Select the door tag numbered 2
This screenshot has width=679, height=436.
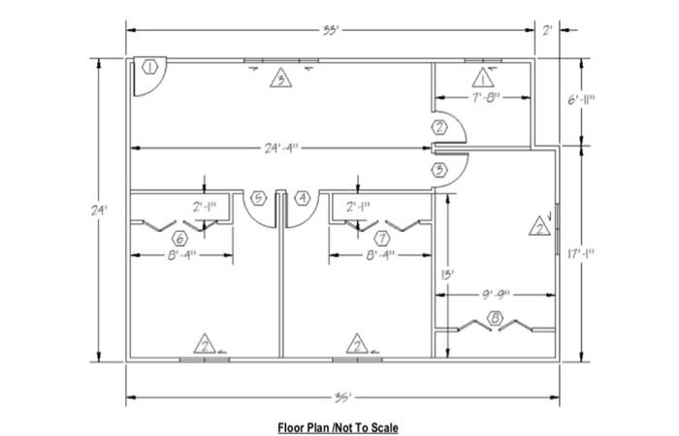440,127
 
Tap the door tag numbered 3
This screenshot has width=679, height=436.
440,170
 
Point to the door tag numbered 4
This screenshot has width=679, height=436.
304,198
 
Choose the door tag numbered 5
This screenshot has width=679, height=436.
258,198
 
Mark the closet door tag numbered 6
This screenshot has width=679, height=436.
179,238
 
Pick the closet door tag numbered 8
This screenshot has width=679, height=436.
496,317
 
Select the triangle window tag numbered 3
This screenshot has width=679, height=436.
280,80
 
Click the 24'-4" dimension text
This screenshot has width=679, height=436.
281,149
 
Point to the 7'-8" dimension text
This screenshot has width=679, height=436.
482,98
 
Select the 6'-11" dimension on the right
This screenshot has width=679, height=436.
583,101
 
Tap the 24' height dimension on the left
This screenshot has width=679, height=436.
84,209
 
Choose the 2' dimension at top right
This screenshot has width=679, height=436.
548,30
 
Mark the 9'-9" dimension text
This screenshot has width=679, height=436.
495,292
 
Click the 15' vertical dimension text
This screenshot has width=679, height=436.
446,275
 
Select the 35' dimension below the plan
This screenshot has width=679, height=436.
341,397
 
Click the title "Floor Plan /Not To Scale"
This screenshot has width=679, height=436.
338,426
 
